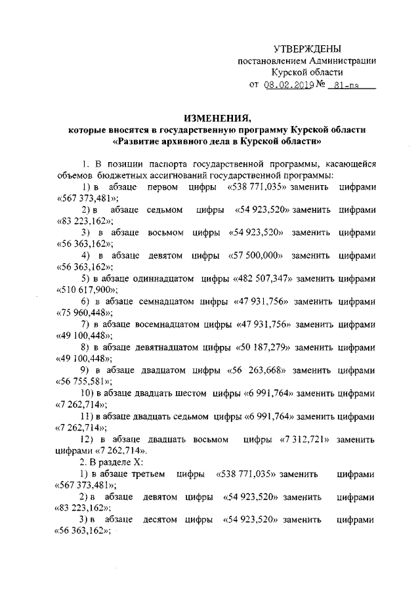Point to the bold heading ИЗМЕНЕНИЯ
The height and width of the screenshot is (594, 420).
coord(218,119)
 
